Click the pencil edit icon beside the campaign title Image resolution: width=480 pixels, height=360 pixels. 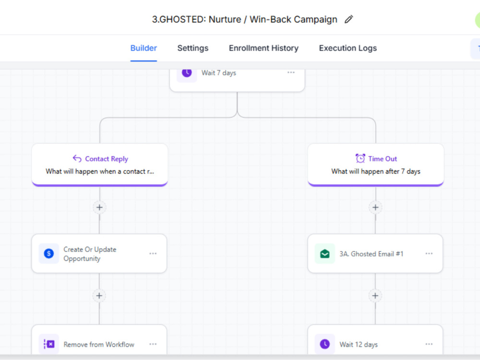[348, 19]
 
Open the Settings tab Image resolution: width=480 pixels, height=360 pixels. [193, 48]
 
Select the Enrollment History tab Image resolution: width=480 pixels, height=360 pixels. [264, 48]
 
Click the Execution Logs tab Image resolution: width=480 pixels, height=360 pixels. [348, 48]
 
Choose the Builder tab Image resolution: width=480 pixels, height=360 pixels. [144, 48]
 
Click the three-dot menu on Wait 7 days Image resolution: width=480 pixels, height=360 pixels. [291, 72]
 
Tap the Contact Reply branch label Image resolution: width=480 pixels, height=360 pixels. [107, 159]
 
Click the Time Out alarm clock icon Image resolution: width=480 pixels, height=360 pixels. [360, 158]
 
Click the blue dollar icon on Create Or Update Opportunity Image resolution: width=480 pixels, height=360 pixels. [48, 253]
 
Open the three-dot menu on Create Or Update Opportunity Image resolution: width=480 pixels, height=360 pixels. [153, 253]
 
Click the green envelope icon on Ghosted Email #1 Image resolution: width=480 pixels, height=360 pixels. [325, 253]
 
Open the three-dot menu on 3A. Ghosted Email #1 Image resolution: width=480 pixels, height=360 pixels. [429, 253]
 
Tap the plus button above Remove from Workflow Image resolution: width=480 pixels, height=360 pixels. [99, 296]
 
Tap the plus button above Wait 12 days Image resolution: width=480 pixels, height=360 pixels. [375, 296]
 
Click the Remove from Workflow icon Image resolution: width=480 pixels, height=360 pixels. [49, 344]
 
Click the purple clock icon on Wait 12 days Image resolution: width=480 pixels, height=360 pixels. [325, 344]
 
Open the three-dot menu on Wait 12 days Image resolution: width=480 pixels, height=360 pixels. [429, 344]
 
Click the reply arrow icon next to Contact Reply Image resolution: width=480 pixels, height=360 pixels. [77, 158]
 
